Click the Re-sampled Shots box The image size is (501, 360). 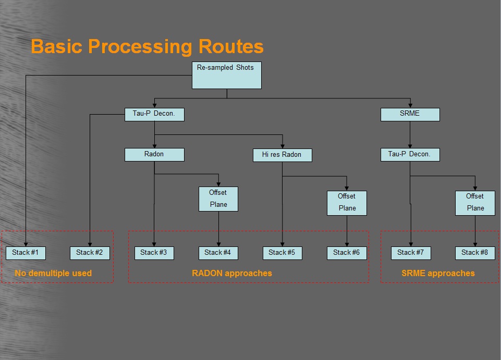tap(227, 76)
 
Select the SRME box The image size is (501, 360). tap(410, 115)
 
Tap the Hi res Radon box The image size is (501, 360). tap(283, 155)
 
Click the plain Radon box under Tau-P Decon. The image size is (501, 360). tap(154, 155)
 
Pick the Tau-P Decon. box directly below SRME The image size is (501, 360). tap(410, 155)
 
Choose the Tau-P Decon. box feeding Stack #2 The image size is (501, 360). tap(154, 115)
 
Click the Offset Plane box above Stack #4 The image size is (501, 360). tap(218, 199)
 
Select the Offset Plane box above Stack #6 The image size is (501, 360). tap(347, 203)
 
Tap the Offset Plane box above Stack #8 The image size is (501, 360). tap(475, 203)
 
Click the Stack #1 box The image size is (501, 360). tap(26, 253)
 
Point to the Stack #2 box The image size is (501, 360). tap(90, 253)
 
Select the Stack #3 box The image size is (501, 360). tap(154, 253)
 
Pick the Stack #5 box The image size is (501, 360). tap(283, 253)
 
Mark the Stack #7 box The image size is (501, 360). tap(411, 253)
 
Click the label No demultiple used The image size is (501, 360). tap(53, 273)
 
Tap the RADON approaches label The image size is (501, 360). tap(232, 273)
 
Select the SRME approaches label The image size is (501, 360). tap(438, 273)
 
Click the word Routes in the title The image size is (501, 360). tap(231, 46)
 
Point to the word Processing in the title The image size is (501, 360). tap(140, 47)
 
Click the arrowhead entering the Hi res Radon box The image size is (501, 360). tap(283, 146)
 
